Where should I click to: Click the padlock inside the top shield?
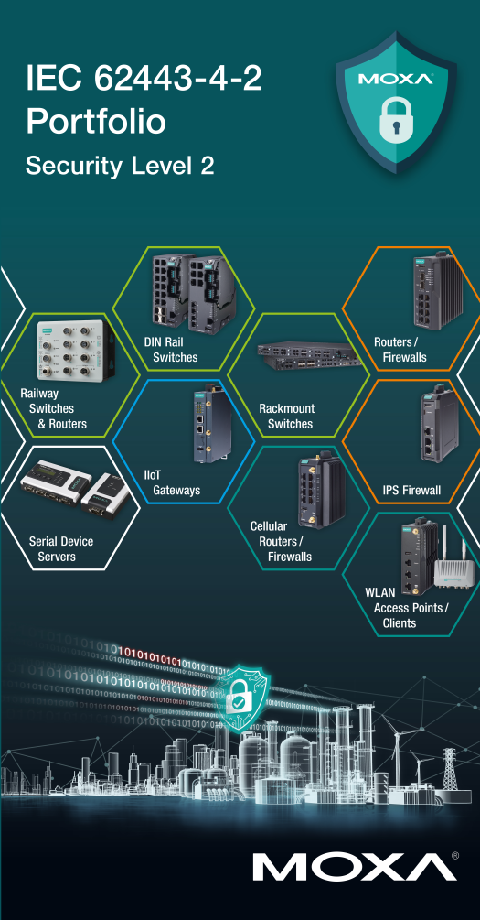(396, 118)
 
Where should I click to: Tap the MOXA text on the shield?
(396, 79)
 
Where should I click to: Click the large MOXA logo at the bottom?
(355, 867)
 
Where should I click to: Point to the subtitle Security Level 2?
(120, 166)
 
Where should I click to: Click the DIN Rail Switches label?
(171, 349)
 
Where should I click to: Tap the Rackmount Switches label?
(286, 416)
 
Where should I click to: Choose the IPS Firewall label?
(411, 490)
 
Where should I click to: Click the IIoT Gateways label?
(172, 482)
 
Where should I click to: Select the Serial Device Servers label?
(61, 548)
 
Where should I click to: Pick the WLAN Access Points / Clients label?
(406, 607)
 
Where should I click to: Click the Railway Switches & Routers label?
(53, 408)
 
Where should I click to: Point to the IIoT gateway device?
(211, 425)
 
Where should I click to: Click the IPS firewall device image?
(438, 424)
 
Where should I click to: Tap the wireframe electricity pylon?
(449, 769)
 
